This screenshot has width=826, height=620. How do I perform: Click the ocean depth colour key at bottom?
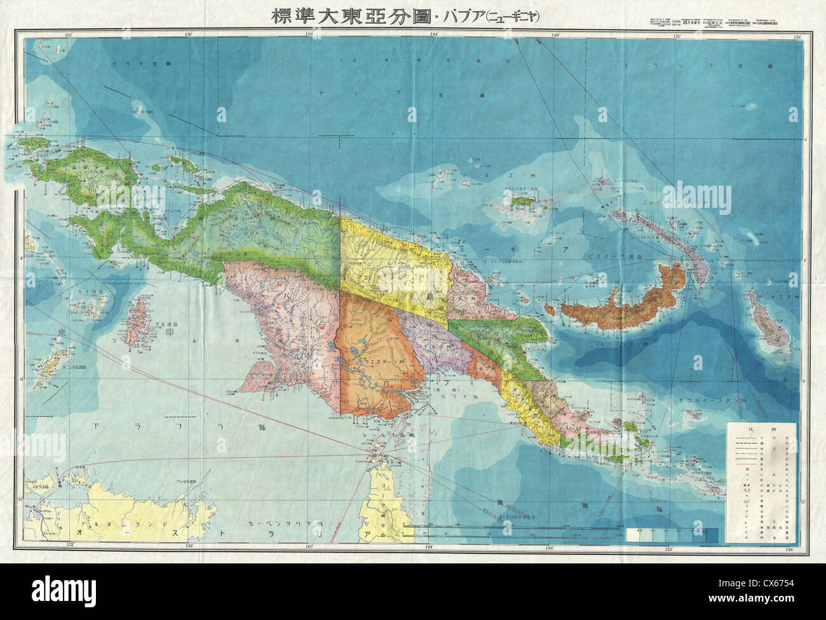(674, 534)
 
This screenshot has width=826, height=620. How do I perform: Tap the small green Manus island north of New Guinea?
(526, 200)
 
